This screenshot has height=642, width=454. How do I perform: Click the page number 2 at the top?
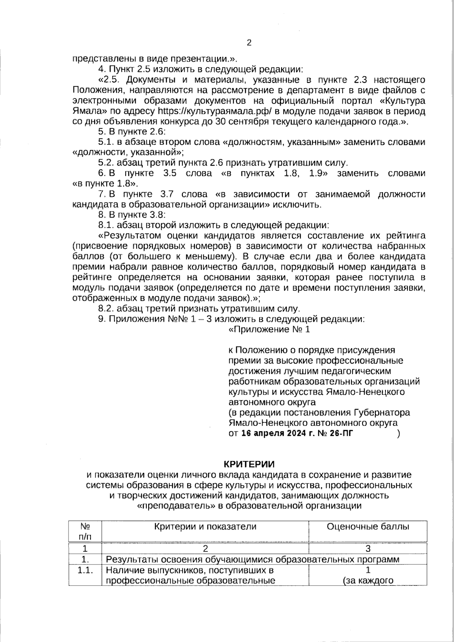pos(249,43)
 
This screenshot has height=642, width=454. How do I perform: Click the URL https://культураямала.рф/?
pos(215,112)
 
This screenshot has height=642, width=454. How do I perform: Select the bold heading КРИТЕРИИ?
pos(249,464)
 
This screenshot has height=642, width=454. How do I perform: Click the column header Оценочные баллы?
pos(368,526)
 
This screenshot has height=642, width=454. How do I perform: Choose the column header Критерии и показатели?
pos(205,526)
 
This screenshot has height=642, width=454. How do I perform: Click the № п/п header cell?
pos(85,531)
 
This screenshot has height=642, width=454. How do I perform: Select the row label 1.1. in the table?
pos(85,570)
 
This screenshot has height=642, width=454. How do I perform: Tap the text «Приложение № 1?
pos(269,330)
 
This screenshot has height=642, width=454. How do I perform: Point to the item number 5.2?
pos(106,163)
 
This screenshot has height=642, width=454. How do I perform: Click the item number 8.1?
pos(106,225)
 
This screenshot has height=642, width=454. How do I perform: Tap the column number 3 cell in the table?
pos(368,549)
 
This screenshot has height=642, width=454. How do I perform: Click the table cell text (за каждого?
pos(368,581)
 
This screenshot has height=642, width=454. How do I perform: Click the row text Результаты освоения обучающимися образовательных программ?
pos(252,560)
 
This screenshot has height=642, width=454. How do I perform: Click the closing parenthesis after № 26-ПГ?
pos(398,434)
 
